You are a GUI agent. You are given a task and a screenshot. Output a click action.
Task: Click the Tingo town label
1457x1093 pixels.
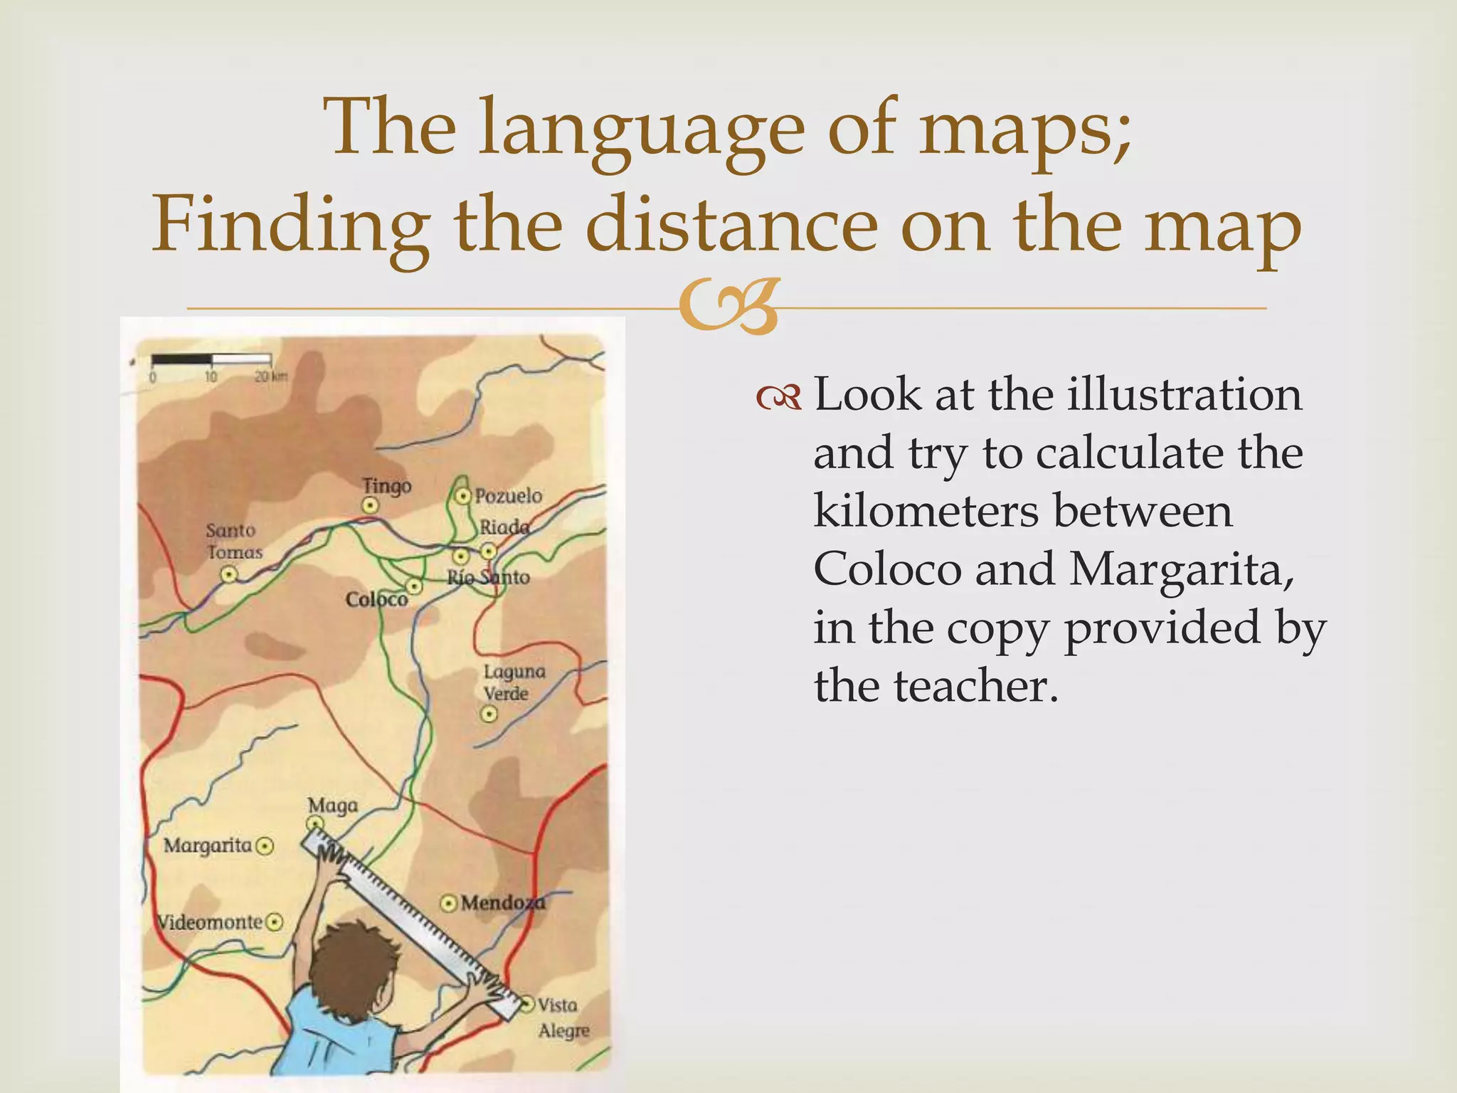386,486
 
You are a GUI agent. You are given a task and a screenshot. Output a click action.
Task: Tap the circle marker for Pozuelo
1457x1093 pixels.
463,495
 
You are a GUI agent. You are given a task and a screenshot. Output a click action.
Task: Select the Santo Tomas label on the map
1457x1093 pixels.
233,541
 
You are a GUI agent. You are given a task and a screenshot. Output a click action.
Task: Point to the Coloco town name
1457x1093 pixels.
376,600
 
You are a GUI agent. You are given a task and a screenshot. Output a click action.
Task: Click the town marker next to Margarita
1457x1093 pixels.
265,846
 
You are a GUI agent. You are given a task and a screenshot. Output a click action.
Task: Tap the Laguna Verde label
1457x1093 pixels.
514,682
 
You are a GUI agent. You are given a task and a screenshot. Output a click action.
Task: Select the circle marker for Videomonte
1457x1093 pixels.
274,922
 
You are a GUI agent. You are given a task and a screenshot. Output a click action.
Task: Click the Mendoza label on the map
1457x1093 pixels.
502,903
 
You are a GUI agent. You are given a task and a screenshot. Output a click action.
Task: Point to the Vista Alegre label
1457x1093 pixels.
563,1018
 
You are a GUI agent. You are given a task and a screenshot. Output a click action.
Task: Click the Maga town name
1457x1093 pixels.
332,806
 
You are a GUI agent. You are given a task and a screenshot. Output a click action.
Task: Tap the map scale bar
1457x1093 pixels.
211,360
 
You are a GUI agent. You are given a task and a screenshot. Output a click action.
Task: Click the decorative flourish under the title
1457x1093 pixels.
727,307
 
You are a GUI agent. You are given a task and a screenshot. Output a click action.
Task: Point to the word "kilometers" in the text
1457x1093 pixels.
1022,511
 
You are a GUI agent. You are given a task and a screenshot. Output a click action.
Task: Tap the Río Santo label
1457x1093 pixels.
489,577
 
